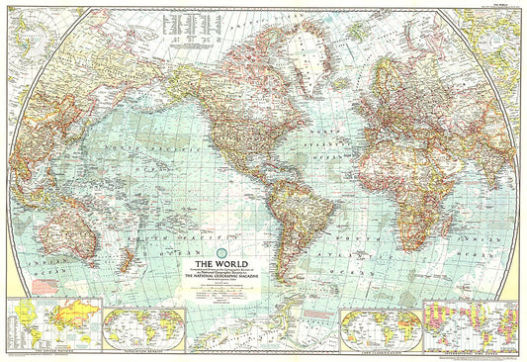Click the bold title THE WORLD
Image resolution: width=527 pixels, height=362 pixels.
pyautogui.click(x=214, y=264)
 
